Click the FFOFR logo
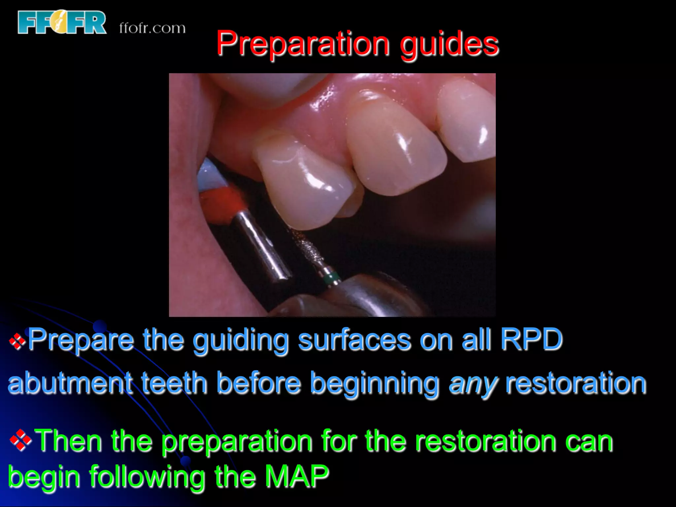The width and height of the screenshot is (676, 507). point(62,22)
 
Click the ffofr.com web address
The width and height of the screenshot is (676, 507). point(152,28)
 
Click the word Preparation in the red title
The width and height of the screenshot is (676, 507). point(302,44)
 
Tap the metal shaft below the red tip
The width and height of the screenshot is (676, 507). point(261,248)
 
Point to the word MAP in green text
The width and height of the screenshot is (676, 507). point(297,476)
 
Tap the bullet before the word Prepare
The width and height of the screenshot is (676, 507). point(17,341)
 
